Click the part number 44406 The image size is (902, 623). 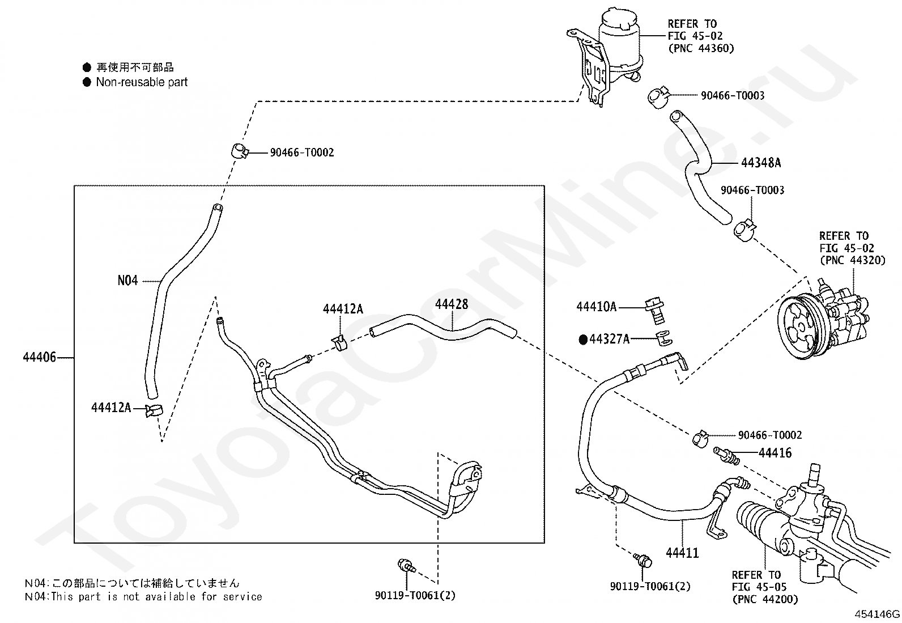click(39, 358)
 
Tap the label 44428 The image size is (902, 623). click(452, 304)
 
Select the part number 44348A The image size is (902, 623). click(760, 163)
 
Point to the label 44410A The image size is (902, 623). click(596, 307)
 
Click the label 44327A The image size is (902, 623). click(609, 340)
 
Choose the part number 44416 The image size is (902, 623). click(775, 453)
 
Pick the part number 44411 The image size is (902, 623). click(682, 553)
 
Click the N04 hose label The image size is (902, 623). click(127, 280)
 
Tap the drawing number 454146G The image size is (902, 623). click(878, 614)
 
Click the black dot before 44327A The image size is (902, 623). click(582, 340)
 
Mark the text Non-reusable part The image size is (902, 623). click(142, 82)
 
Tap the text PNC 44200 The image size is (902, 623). click(765, 599)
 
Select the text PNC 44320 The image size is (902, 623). click(852, 260)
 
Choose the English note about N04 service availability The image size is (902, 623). click(143, 597)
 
